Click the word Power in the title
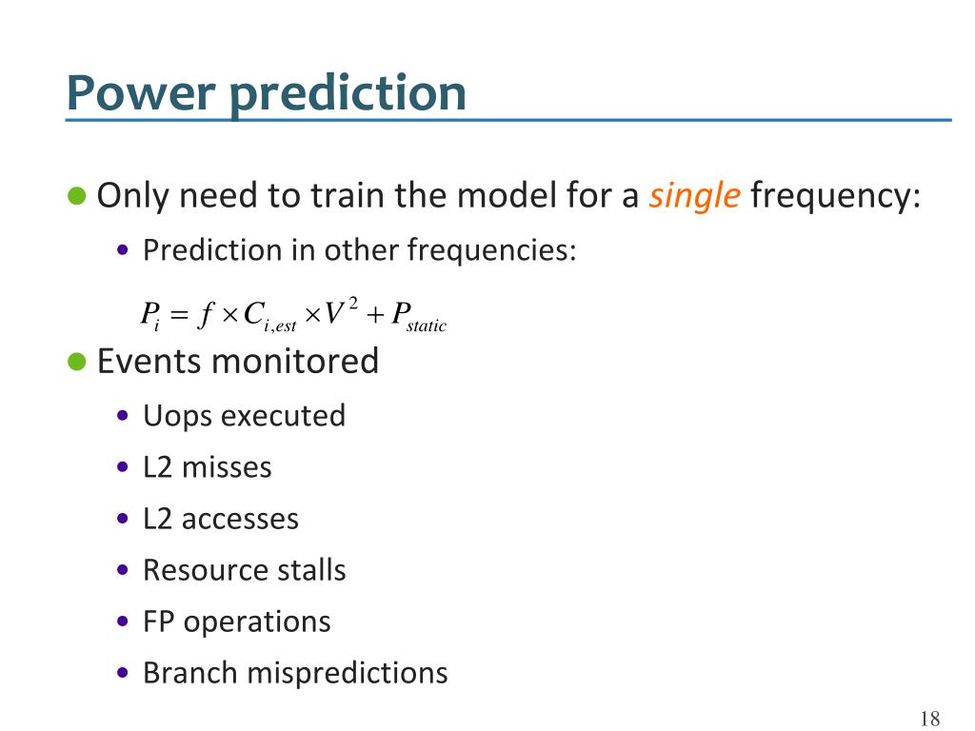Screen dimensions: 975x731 coord(141,92)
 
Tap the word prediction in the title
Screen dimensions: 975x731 coord(348,94)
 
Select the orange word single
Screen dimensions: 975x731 coord(694,196)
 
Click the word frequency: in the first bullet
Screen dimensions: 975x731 coord(835,196)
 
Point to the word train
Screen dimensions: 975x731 coord(348,195)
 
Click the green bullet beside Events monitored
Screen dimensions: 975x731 coord(76,361)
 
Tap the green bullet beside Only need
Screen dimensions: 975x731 coord(76,195)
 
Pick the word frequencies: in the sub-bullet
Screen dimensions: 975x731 coord(492,250)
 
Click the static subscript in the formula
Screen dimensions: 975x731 coord(427,326)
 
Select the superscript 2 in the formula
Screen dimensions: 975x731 coord(353,304)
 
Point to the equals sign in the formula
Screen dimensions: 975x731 coord(179,314)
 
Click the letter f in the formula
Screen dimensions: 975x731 coord(206,314)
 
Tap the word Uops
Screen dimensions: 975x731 coord(177,417)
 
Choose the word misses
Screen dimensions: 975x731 coord(227,467)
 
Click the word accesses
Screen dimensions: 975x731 coord(240,520)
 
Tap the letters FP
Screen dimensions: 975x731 coord(159,622)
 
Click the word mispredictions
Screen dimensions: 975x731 coord(348,674)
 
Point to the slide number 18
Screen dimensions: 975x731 coord(930,719)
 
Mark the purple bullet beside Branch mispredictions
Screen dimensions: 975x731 coord(123,673)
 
